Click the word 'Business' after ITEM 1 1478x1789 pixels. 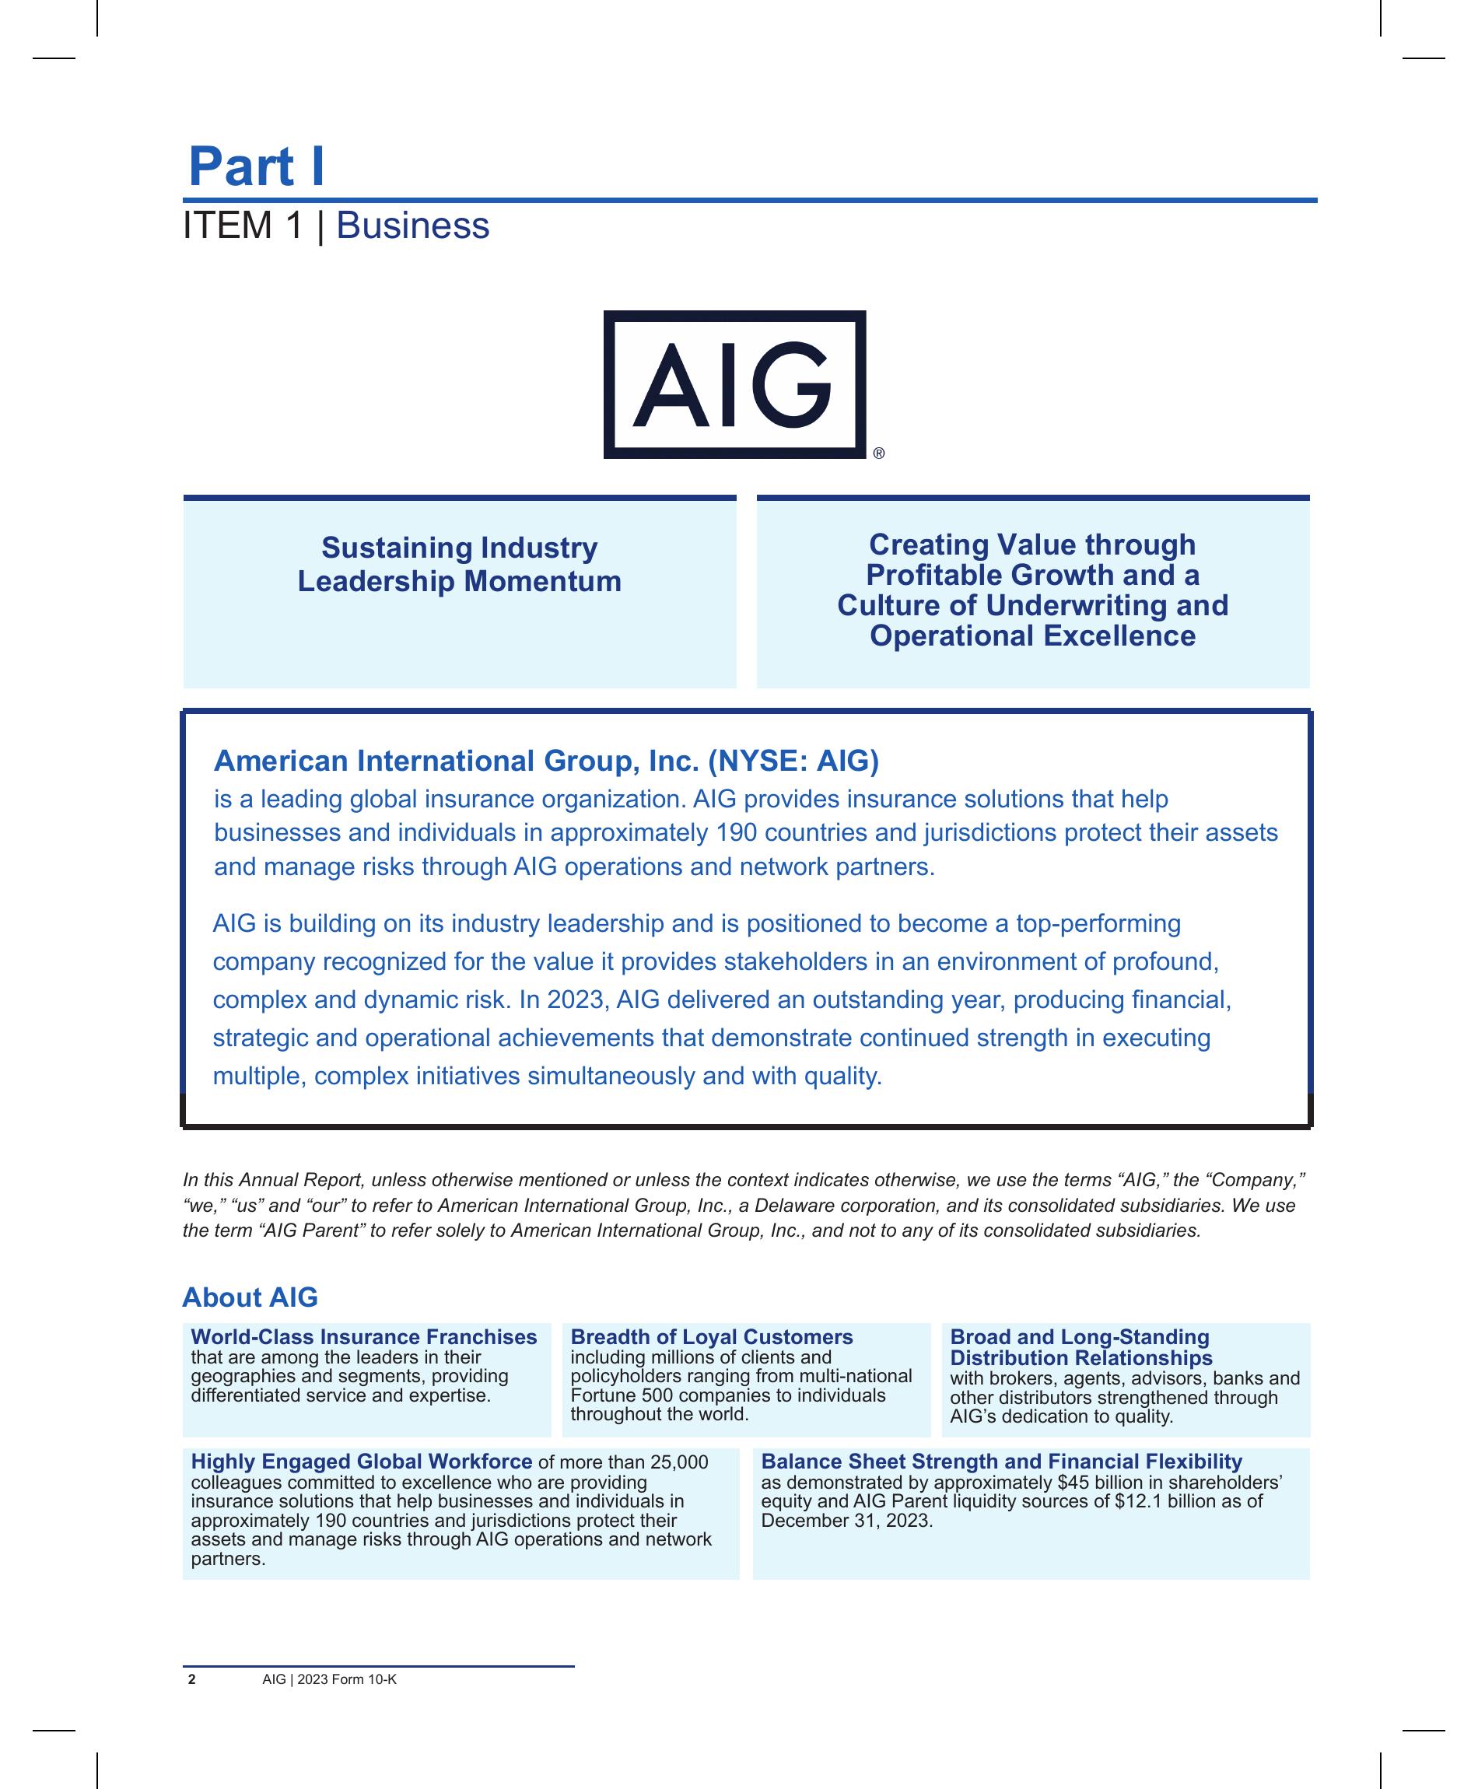click(413, 226)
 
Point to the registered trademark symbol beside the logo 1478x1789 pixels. click(878, 453)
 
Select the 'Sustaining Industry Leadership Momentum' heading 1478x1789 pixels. click(459, 564)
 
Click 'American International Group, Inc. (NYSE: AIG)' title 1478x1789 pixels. click(546, 760)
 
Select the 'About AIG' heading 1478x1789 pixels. click(250, 1297)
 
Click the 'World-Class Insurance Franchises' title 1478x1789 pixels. click(363, 1337)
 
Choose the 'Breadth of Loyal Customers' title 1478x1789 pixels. click(711, 1337)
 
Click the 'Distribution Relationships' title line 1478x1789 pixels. click(1080, 1357)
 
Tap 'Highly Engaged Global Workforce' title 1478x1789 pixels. click(361, 1462)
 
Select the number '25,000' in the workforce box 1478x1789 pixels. click(678, 1462)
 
